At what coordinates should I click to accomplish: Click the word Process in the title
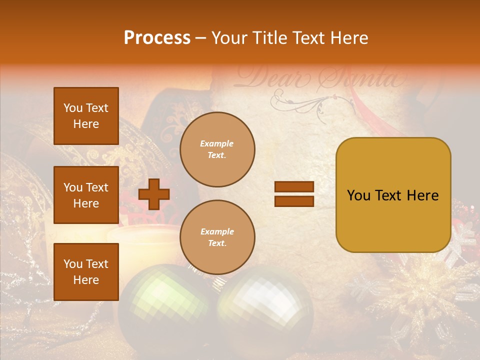[157, 38]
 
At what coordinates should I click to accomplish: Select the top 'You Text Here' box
[86, 116]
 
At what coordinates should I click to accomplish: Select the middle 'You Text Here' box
[86, 195]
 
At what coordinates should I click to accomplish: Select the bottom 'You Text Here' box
[86, 272]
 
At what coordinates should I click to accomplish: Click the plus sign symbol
[154, 194]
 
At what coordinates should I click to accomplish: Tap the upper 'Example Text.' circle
[217, 149]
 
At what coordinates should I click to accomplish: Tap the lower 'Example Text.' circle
[217, 237]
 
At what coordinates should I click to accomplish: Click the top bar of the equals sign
[294, 187]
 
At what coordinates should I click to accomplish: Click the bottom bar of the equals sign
[294, 201]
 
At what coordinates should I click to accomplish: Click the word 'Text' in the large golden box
[393, 195]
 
